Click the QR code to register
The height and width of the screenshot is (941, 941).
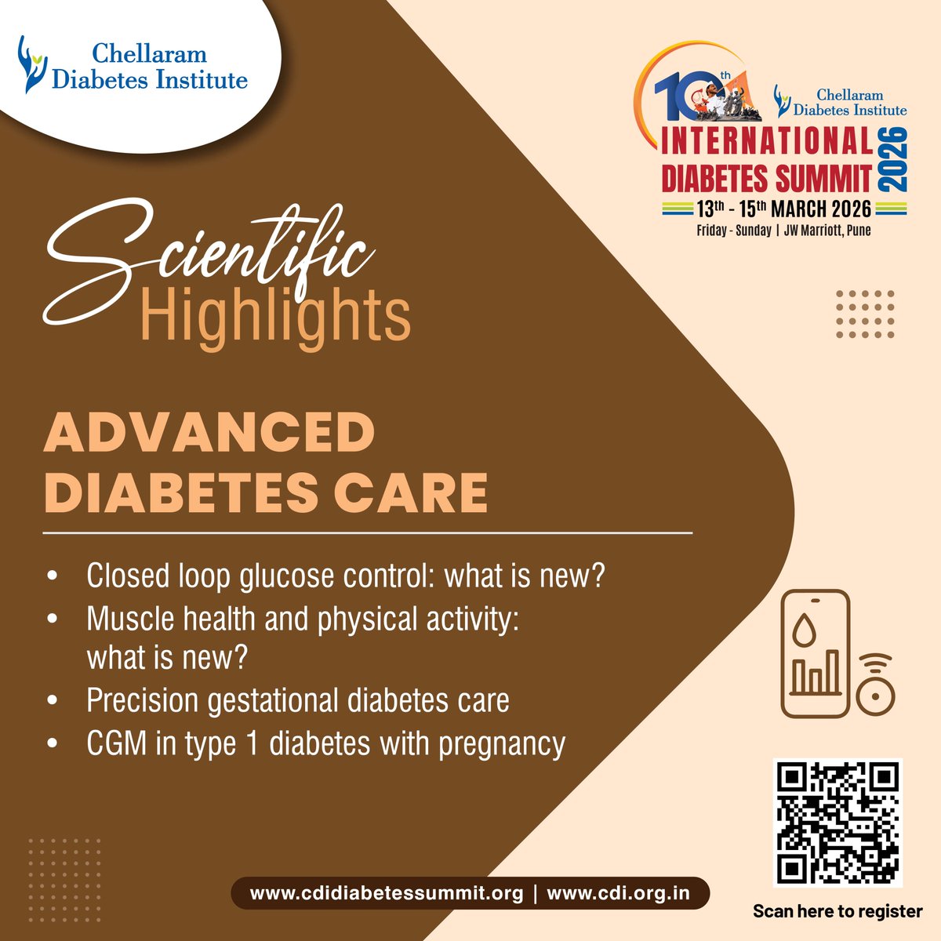[838, 822]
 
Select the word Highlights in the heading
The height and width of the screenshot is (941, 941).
[275, 315]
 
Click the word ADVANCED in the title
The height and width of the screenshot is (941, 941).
[209, 433]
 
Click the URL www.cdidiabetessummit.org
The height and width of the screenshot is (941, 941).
[386, 893]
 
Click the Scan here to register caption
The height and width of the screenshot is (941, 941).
[837, 911]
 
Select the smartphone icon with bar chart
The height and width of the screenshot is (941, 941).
[815, 653]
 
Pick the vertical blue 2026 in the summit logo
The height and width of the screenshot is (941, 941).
[893, 160]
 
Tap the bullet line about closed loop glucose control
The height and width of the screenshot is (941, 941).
[346, 576]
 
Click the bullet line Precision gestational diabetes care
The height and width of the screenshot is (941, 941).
[298, 700]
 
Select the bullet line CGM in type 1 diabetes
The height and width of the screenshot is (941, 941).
[325, 743]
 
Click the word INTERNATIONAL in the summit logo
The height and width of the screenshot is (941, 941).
[767, 143]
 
